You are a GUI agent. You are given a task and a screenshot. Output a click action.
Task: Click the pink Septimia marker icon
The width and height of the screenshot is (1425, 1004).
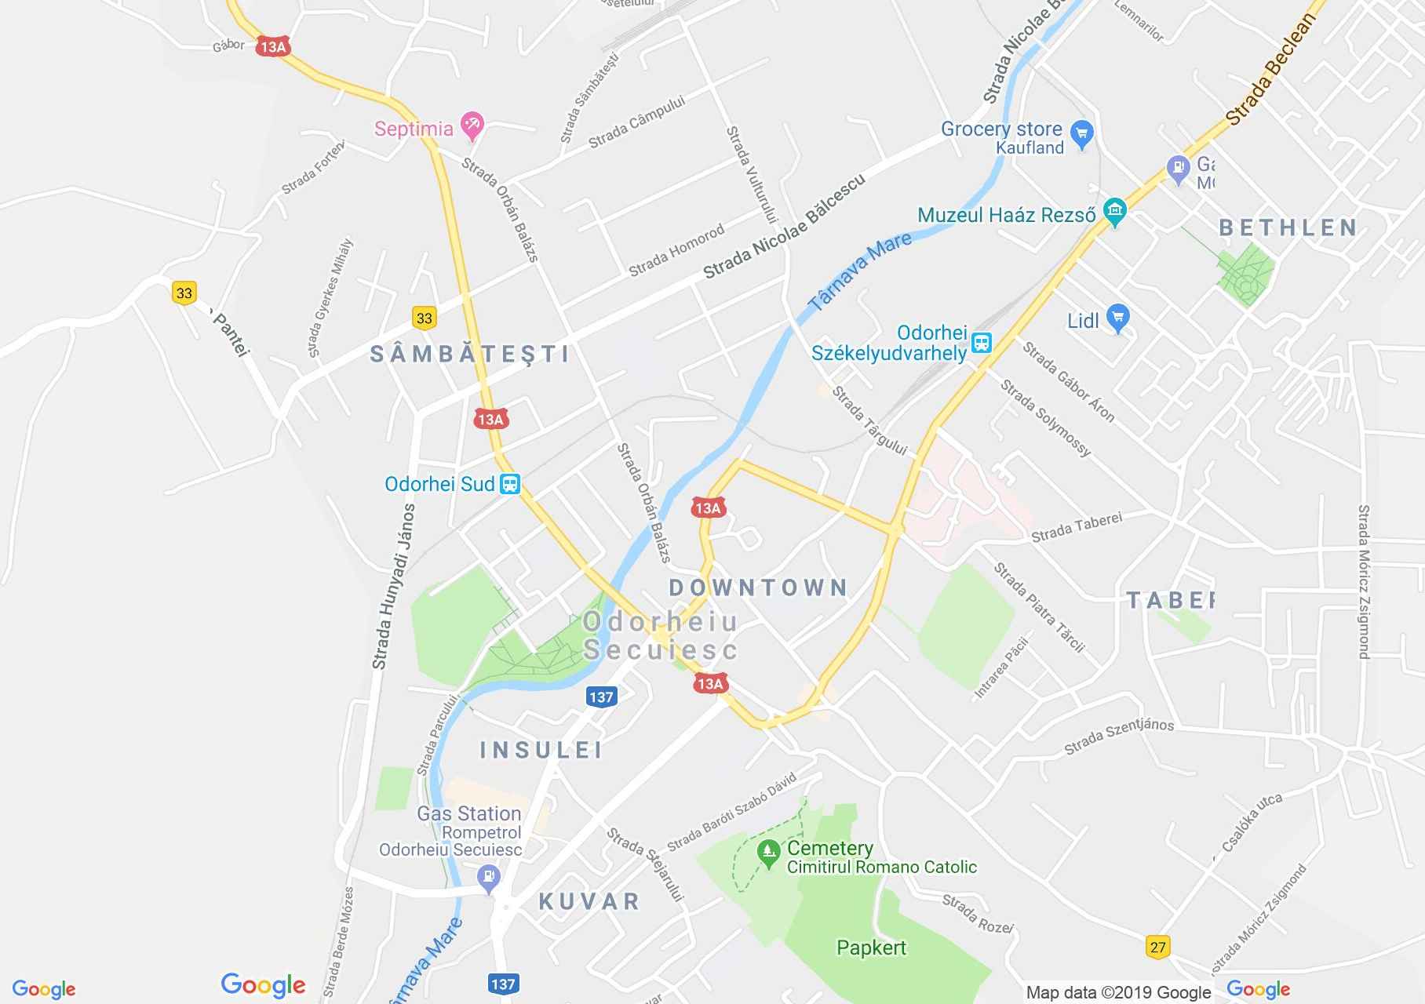(x=472, y=125)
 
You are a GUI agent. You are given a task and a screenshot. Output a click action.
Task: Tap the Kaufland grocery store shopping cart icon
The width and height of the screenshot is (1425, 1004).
(x=1082, y=133)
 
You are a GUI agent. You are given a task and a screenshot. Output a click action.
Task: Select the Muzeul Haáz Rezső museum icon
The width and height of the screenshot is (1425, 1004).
(x=1114, y=210)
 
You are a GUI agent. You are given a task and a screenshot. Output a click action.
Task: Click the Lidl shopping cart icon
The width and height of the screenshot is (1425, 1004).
(x=1118, y=318)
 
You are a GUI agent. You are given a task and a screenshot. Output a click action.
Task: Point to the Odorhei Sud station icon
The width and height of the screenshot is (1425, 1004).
(x=510, y=483)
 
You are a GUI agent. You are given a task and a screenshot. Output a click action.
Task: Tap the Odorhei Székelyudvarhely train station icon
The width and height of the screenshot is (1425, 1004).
(x=982, y=343)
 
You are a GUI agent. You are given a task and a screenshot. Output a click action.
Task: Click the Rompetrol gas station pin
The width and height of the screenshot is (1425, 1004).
(x=489, y=877)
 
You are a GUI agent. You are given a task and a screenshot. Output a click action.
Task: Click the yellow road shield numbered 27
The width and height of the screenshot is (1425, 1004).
(x=1157, y=947)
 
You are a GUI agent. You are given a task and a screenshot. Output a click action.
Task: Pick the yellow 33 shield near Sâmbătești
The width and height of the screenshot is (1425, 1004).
(x=424, y=318)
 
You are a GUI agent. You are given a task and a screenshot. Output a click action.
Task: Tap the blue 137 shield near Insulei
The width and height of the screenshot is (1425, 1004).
(x=600, y=697)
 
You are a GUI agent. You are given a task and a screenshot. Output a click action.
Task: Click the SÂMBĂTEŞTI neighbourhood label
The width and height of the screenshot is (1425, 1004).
(x=470, y=354)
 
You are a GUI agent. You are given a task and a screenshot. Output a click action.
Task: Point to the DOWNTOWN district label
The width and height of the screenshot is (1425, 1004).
(x=759, y=587)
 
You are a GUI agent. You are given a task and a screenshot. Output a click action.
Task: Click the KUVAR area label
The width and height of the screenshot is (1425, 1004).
(x=589, y=901)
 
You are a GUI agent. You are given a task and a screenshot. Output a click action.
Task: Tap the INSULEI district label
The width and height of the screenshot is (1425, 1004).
(x=541, y=750)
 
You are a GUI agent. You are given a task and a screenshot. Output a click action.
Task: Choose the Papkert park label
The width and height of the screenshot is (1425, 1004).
(x=871, y=948)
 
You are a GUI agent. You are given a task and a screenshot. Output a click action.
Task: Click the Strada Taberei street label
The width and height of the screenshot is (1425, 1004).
(x=1077, y=528)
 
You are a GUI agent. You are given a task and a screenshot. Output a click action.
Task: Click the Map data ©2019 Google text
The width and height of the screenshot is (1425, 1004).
(x=1118, y=993)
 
